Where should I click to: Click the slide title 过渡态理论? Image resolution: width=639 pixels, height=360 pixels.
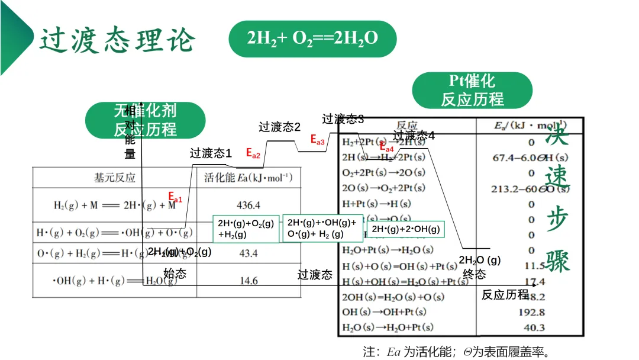point(118,40)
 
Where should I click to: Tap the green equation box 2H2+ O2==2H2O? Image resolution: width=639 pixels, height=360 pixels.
point(312,39)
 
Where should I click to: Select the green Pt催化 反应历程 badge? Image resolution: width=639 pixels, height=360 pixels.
point(472,90)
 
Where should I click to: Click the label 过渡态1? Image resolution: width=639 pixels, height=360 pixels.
point(211,153)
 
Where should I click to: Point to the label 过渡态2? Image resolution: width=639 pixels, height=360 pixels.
point(280,127)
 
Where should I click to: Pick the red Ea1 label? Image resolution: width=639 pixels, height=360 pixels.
point(175,198)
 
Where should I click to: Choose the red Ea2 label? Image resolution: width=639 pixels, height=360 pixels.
point(253,153)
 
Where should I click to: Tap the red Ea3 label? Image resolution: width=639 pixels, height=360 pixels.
point(318,140)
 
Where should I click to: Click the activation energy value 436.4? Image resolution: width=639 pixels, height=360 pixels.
point(248,205)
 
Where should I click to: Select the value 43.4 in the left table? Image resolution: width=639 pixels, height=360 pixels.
point(248,253)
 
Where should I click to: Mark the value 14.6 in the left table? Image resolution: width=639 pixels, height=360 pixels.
point(248,281)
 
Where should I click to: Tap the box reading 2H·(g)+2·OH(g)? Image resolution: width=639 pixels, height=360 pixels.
point(405,229)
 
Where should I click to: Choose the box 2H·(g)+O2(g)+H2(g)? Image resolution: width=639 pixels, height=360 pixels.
point(246,229)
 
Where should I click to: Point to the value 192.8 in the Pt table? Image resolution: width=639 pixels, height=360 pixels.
point(532,312)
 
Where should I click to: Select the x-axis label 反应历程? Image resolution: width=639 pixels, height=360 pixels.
point(505,294)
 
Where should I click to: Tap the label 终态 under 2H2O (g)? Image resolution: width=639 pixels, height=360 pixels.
point(474,274)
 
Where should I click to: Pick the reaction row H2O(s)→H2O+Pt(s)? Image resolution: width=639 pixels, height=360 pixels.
point(388,327)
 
